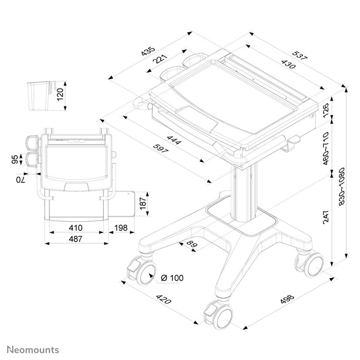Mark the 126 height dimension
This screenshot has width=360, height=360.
pyautogui.click(x=325, y=110)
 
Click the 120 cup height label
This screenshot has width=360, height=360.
pyautogui.click(x=60, y=95)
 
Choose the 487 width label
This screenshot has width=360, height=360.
pyautogui.click(x=76, y=239)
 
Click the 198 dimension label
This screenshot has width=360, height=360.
pyautogui.click(x=122, y=227)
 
